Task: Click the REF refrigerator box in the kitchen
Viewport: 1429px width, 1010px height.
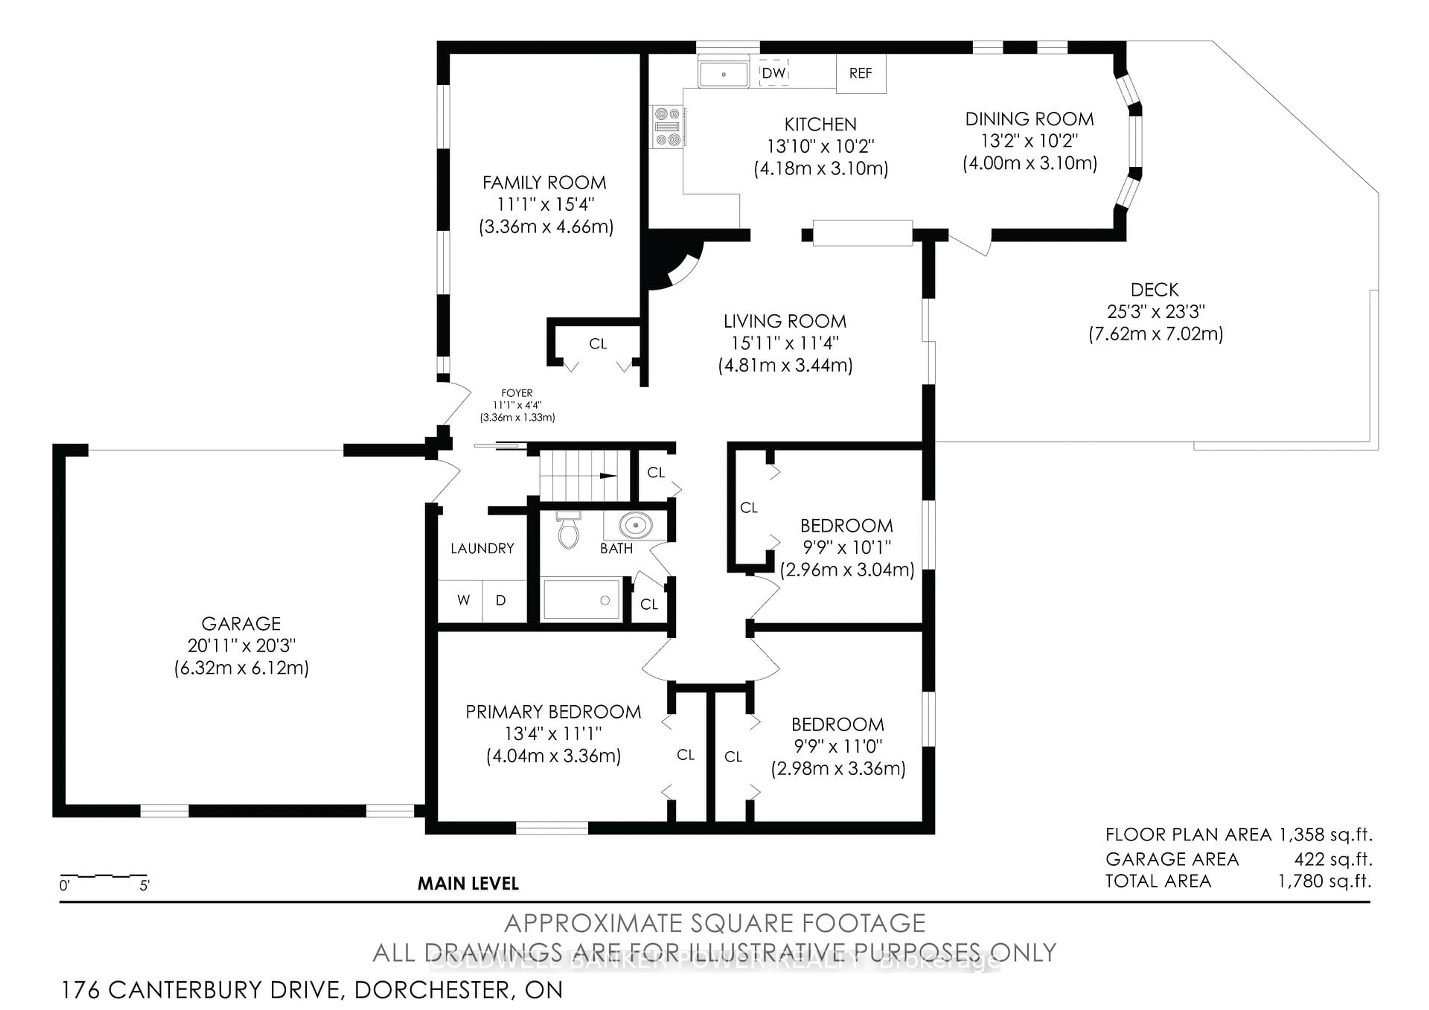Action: click(x=860, y=73)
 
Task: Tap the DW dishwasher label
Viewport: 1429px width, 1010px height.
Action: click(x=774, y=73)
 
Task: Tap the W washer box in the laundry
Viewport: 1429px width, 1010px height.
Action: click(x=463, y=601)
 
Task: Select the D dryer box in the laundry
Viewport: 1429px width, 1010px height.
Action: click(x=501, y=601)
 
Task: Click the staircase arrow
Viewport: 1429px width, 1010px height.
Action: click(x=607, y=476)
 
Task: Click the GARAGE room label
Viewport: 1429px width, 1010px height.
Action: click(x=241, y=624)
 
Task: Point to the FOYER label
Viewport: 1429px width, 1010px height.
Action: click(x=517, y=393)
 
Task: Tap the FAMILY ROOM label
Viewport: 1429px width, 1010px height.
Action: click(x=544, y=183)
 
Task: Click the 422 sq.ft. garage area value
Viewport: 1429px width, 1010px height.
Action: click(x=1333, y=859)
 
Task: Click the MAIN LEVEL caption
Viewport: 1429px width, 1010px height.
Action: click(x=468, y=884)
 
